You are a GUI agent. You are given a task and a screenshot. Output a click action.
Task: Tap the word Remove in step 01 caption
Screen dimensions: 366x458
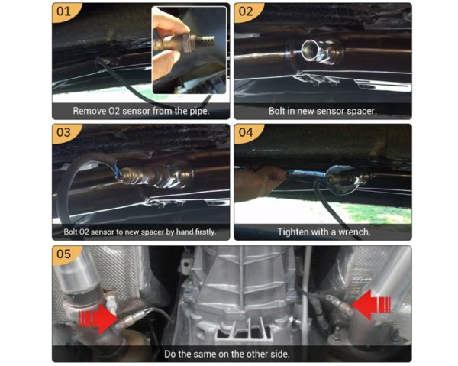point(89,111)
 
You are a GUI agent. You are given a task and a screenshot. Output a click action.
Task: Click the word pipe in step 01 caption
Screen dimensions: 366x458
point(196,111)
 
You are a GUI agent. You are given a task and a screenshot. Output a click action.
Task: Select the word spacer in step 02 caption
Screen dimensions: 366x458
point(358,111)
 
